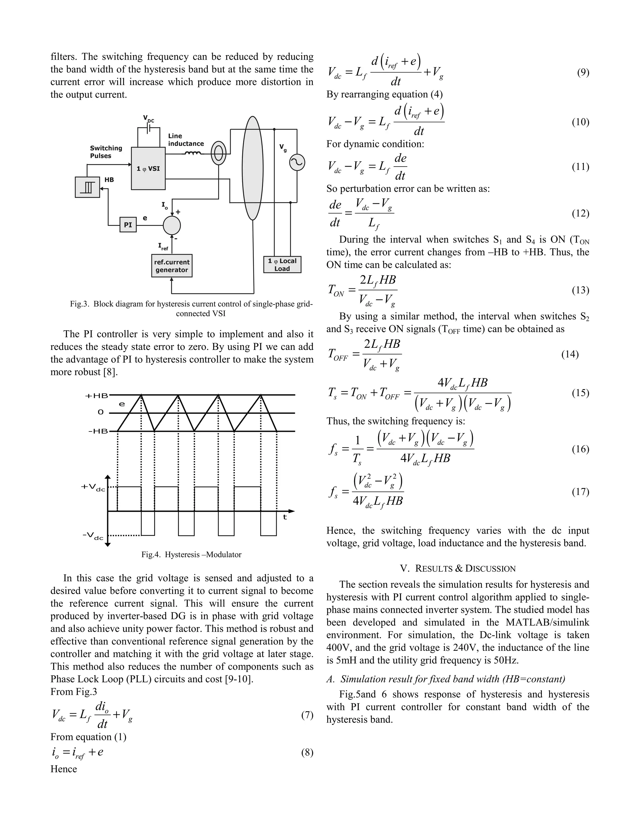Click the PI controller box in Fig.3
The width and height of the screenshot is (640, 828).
(x=128, y=225)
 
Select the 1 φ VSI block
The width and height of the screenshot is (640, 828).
(x=148, y=169)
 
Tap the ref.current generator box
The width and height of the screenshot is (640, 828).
(x=172, y=266)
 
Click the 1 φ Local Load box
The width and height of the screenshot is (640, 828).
(x=282, y=265)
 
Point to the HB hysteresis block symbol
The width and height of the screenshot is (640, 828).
(x=87, y=187)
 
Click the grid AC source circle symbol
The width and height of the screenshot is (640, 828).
(x=297, y=163)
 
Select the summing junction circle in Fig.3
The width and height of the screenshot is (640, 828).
(x=172, y=226)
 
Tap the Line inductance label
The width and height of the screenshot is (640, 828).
(x=186, y=140)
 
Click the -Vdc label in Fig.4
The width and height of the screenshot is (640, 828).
(x=93, y=536)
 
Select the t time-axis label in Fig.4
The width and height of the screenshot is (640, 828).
(x=285, y=517)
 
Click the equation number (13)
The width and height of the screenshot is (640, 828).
(x=580, y=290)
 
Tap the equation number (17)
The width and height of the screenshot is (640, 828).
(x=580, y=492)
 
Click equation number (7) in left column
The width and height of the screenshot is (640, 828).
(x=307, y=716)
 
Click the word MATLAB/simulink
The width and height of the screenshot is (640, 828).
(x=547, y=622)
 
